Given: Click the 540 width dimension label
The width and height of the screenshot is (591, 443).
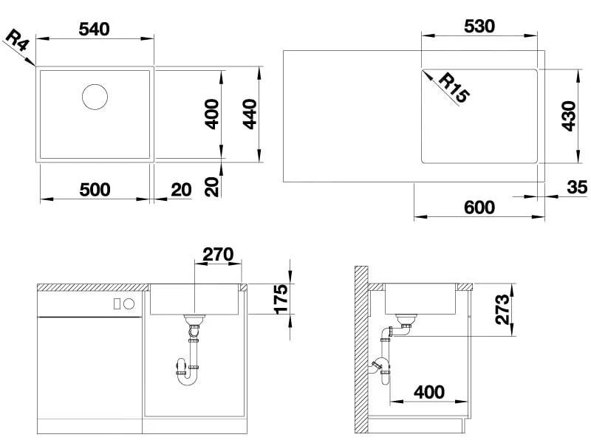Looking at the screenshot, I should [94, 29].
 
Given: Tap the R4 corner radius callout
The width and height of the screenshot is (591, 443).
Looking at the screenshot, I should [17, 41].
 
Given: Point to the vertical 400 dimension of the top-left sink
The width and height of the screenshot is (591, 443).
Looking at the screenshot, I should [211, 114].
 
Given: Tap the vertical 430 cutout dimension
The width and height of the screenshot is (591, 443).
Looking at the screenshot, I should [568, 116].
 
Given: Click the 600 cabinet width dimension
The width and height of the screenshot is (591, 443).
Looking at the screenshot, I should [479, 207].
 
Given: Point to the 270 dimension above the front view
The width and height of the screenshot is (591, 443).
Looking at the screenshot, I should [218, 255].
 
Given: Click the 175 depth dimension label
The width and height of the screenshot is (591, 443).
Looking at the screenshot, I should [281, 298].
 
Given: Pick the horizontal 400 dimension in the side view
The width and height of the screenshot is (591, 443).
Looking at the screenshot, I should [428, 392].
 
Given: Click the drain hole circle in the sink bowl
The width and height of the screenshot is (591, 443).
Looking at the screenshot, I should [95, 97].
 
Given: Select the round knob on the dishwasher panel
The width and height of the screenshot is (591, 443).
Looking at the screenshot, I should [129, 303].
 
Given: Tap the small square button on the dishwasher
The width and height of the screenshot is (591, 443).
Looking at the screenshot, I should [117, 303].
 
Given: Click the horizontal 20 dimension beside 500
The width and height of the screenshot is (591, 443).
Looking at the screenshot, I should [180, 190].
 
